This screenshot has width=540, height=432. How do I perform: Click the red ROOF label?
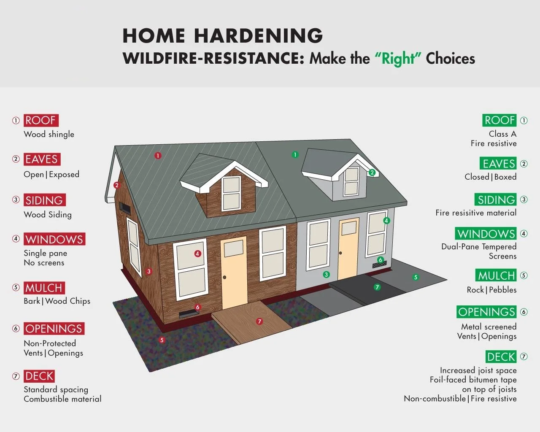click(40, 120)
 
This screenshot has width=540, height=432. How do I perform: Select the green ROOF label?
click(499, 120)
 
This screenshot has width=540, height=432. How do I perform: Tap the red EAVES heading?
click(42, 159)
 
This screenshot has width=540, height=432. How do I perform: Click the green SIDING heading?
click(496, 200)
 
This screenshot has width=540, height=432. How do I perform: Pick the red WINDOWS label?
click(54, 239)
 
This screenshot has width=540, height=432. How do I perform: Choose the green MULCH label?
click(496, 275)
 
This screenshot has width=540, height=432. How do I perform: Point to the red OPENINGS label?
click(54, 329)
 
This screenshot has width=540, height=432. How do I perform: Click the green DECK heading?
click(501, 357)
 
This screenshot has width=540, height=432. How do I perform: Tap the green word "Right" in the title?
click(398, 58)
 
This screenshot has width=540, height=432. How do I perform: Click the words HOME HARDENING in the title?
click(222, 36)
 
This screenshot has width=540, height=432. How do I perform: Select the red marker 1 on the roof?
click(158, 156)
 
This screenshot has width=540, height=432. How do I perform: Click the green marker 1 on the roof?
click(295, 155)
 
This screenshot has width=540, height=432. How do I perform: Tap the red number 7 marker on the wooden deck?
click(259, 321)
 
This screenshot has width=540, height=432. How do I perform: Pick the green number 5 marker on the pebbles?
click(416, 277)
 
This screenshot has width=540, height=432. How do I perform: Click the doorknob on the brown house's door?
click(225, 277)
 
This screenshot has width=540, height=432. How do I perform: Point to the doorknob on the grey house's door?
click(340, 253)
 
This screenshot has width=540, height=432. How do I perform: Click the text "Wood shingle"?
click(49, 135)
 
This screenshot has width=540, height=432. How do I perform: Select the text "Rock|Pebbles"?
click(491, 290)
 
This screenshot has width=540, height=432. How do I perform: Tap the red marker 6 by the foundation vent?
click(197, 307)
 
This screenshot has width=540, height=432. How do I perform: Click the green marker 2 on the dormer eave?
click(372, 173)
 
